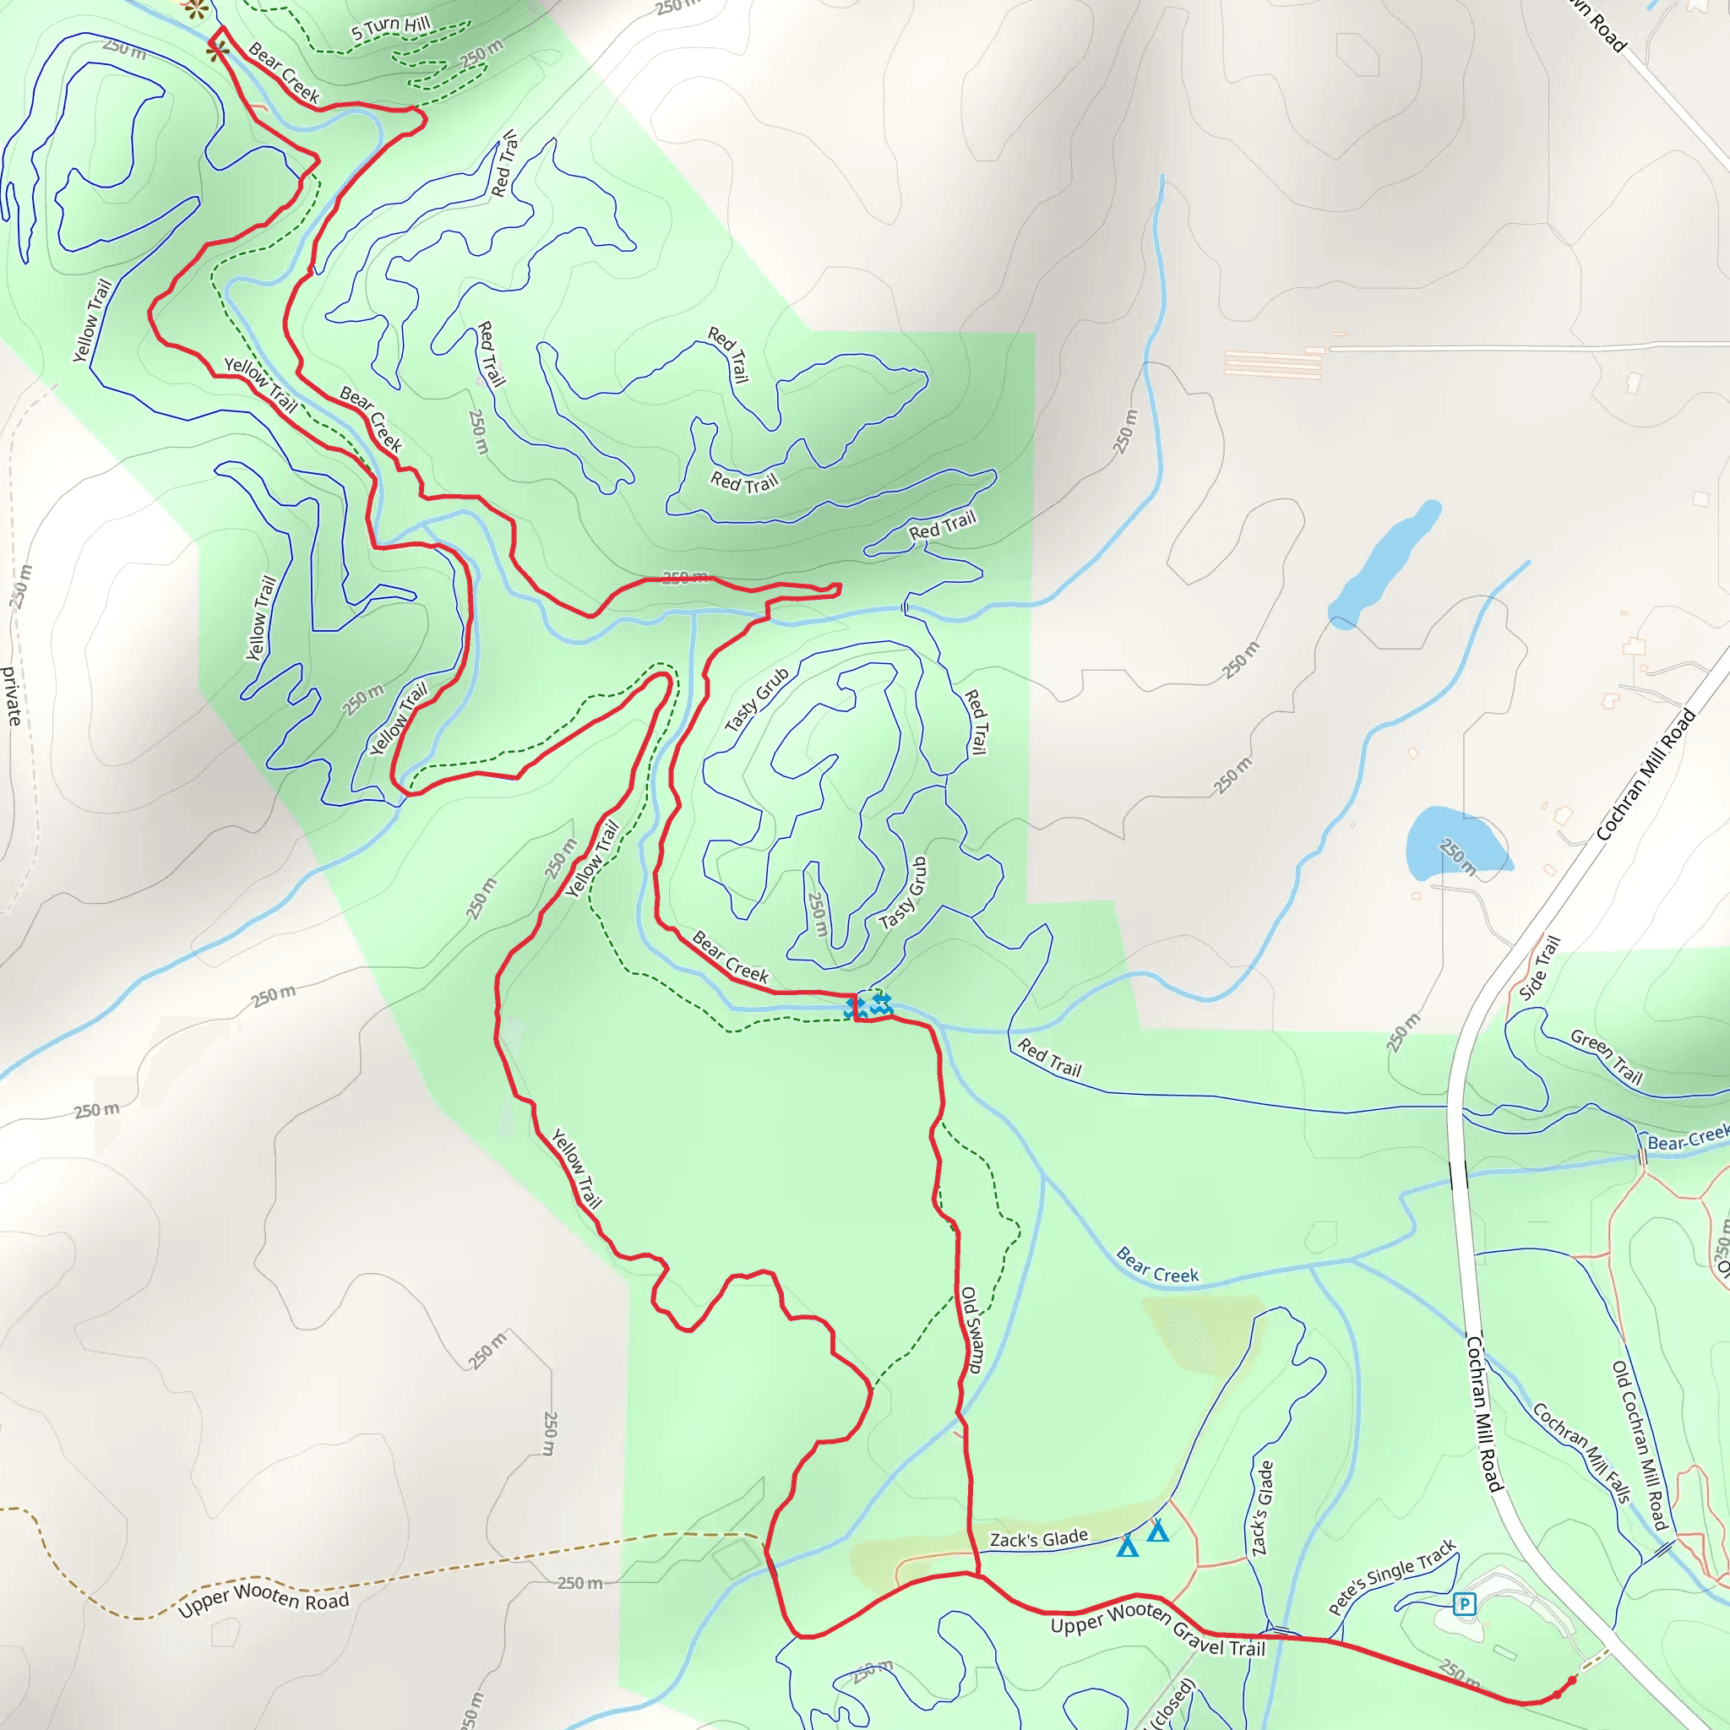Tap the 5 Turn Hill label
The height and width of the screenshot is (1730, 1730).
point(390,28)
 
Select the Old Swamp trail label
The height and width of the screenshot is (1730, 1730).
point(971,1330)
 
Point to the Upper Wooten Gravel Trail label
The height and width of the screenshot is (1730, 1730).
point(1158,1629)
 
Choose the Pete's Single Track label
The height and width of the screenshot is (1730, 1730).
point(1391,1577)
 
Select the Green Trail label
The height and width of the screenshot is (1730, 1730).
point(1607,1057)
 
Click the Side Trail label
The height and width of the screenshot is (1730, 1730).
point(1539,968)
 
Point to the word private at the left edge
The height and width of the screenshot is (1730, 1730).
point(12,696)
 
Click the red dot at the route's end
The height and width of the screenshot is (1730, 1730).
point(1572,1681)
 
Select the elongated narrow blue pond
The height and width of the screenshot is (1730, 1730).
point(1385,564)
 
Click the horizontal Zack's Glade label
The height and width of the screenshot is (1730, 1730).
point(1038,1539)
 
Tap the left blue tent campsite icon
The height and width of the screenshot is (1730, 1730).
point(1128,1547)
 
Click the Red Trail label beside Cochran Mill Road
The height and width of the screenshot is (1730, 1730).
point(1049,1058)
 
